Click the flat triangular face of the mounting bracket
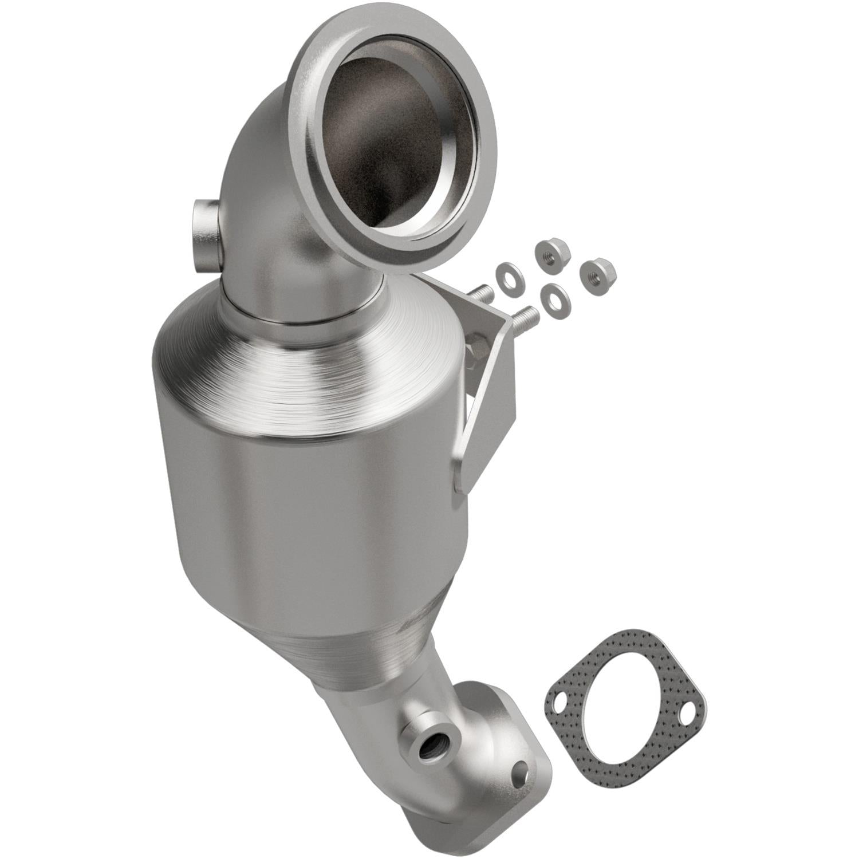[x=487, y=395]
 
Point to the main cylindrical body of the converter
[x=309, y=515]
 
